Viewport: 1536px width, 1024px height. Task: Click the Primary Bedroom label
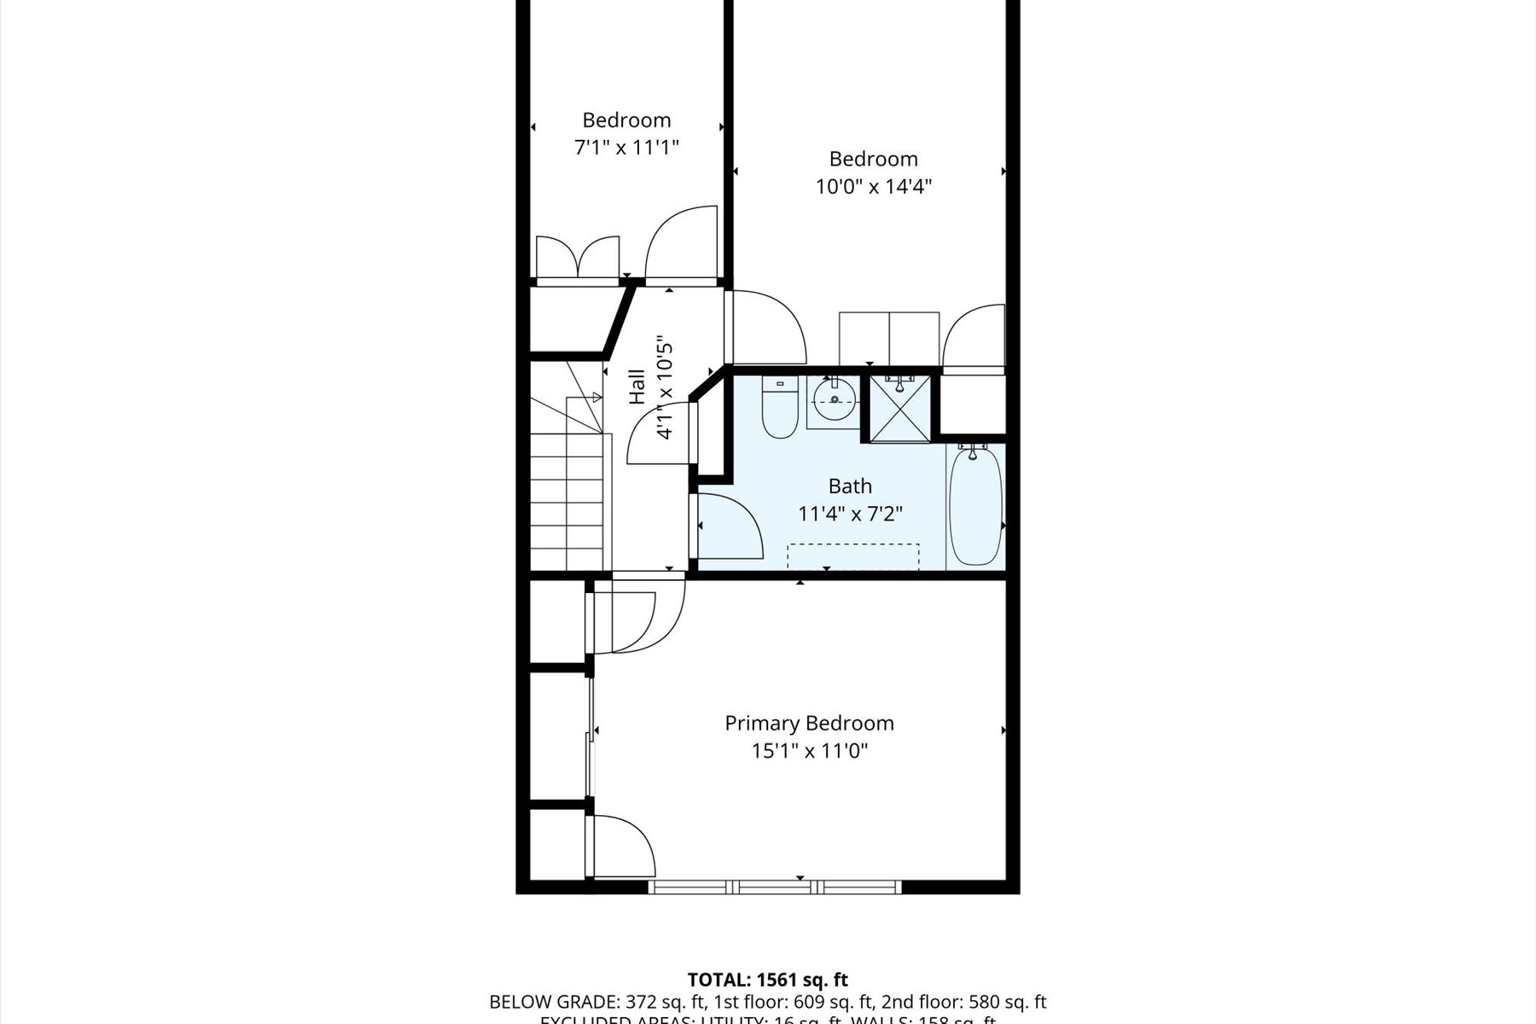[809, 723]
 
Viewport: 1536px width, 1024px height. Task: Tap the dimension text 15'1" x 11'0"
[809, 751]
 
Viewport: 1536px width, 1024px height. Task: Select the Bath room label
[850, 486]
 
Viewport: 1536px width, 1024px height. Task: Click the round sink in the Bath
[834, 399]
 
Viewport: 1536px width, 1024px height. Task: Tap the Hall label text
[637, 386]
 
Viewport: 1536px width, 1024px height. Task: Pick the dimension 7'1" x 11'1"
[626, 148]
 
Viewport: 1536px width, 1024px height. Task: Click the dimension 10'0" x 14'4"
[873, 186]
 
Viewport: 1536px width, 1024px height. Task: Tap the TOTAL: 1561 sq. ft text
[767, 980]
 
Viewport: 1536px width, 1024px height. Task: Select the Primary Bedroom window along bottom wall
[774, 887]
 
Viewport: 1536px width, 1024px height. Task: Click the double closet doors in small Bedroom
[577, 259]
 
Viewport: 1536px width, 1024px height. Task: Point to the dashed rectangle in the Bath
[852, 556]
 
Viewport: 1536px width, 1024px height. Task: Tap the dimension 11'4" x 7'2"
[850, 514]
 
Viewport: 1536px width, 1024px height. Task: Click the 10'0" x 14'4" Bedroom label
[873, 159]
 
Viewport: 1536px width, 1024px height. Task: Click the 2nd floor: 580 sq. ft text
[963, 1002]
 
